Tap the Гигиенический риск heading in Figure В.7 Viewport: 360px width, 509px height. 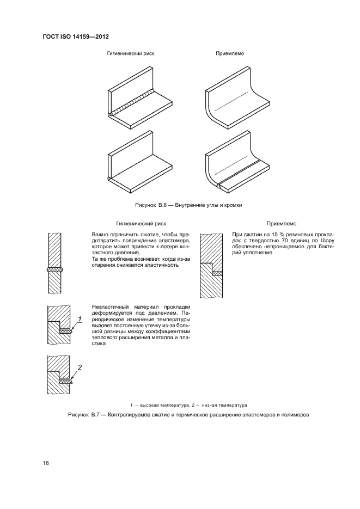point(141,223)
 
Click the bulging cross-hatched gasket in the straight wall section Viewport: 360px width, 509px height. point(57,269)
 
